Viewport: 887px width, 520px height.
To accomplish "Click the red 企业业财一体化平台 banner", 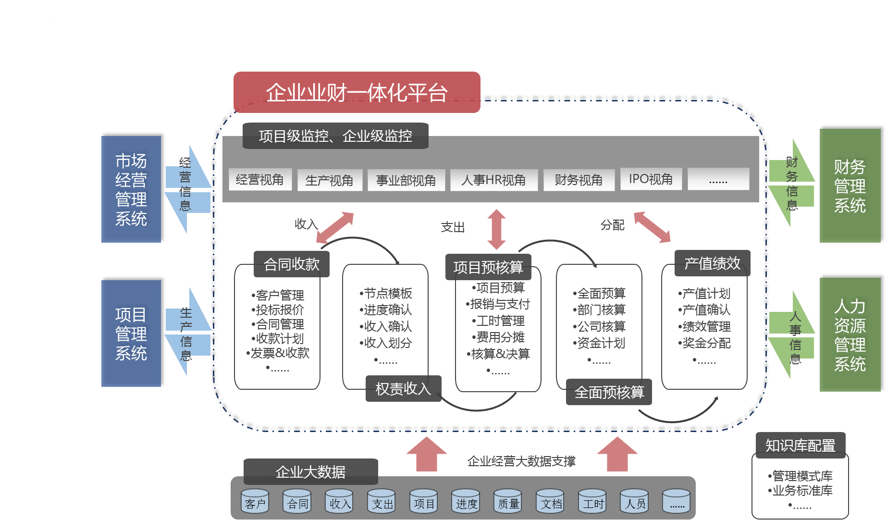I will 357,92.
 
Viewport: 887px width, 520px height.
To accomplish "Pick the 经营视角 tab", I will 260,180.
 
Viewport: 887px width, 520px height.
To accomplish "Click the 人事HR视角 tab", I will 493,180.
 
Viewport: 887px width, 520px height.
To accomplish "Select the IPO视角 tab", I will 651,179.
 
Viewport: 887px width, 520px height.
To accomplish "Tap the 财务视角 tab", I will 579,180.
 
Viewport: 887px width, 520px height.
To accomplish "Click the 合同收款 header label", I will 292,264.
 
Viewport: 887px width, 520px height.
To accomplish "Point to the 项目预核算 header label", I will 488,267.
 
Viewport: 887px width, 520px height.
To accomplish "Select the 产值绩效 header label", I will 712,263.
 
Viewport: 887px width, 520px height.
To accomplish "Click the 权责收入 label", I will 403,388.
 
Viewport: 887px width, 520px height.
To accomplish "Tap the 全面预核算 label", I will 609,392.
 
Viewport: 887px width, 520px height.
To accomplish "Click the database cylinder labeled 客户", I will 255,501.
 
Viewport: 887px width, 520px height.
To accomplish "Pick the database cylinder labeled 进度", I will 466,501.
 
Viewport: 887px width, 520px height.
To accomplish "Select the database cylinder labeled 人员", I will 635,501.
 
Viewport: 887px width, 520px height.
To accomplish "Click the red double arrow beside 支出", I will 496,229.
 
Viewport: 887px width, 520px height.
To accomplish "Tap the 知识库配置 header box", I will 800,446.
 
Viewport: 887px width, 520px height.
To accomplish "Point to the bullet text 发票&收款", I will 280,353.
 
